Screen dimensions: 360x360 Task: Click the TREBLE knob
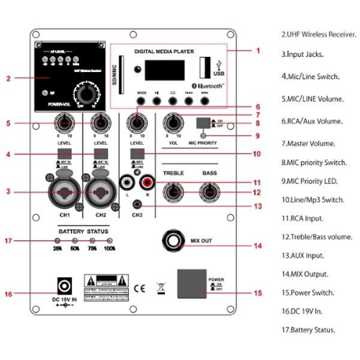coord(174,193)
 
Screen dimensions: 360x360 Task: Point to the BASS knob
coord(209,193)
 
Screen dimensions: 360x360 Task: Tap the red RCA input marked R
coord(146,179)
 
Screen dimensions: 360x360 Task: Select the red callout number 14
coord(258,245)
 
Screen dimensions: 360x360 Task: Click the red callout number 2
coord(8,78)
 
